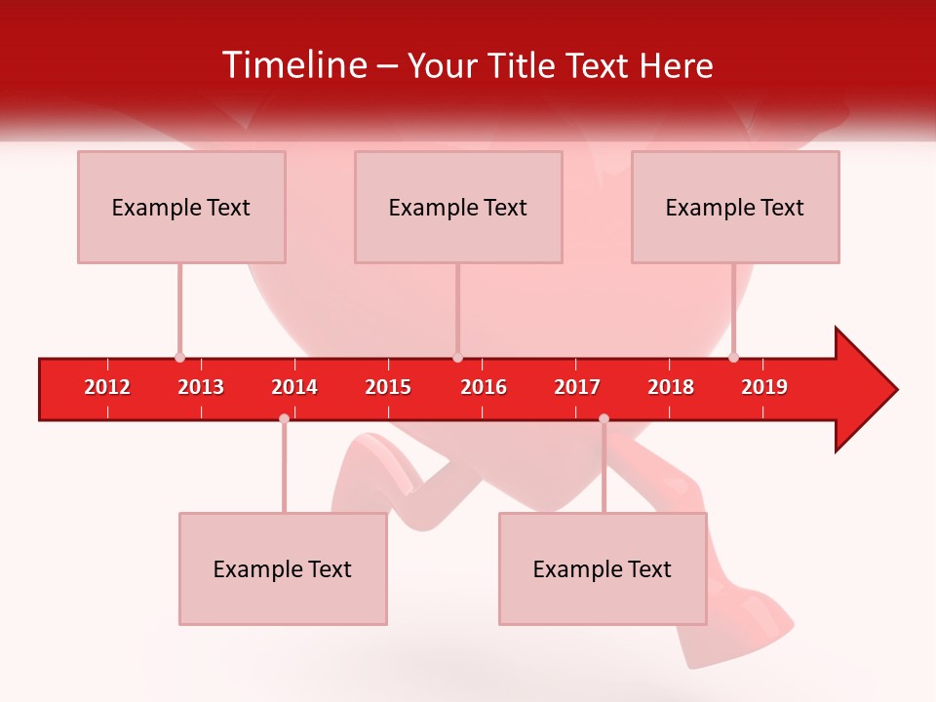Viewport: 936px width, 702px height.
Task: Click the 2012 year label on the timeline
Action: click(x=107, y=387)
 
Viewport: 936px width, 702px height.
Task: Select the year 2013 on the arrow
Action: click(x=201, y=387)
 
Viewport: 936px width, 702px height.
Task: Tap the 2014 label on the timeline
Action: click(x=294, y=387)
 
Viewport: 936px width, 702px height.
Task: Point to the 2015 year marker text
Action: click(x=388, y=387)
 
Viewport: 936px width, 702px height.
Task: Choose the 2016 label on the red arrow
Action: click(x=484, y=387)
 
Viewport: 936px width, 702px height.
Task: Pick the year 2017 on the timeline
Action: click(x=577, y=387)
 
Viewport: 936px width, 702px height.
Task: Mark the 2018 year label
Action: click(x=671, y=387)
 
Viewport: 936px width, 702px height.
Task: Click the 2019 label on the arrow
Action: click(x=764, y=387)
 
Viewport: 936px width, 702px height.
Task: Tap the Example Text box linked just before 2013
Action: click(x=181, y=207)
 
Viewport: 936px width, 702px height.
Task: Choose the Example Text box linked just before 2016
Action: click(x=458, y=207)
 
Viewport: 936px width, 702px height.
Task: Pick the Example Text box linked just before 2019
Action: click(x=735, y=207)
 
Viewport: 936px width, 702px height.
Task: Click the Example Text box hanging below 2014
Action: click(x=283, y=568)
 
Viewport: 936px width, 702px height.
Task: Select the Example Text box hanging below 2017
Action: click(x=603, y=568)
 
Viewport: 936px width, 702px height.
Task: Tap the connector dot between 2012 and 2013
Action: click(x=179, y=357)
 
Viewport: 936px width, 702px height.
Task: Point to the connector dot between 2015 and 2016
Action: click(x=457, y=357)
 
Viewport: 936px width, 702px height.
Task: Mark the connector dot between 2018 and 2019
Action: click(x=733, y=357)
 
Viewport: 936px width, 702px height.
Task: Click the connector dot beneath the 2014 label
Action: click(x=284, y=418)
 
